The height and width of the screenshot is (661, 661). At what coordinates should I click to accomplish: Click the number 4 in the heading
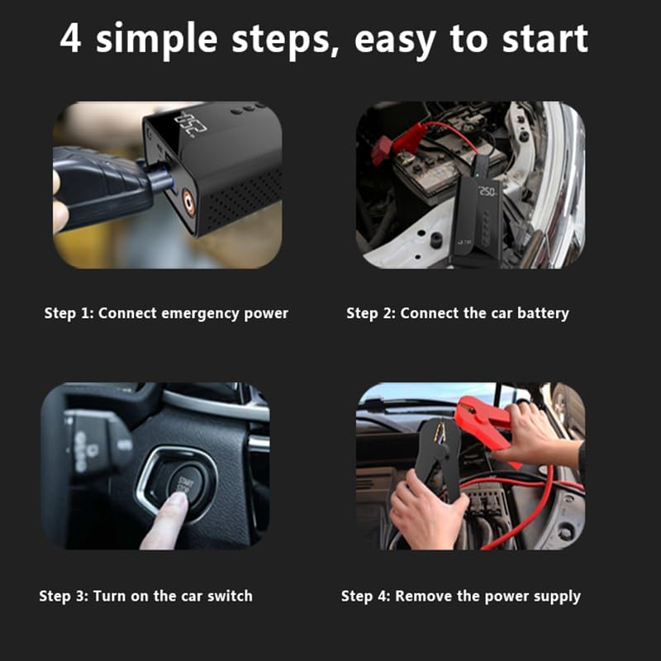71,39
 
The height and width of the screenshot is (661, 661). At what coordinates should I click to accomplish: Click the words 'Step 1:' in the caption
69,313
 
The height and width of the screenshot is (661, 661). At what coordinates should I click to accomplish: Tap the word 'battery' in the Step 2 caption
542,313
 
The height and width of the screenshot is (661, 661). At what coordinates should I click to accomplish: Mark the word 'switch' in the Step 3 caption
230,596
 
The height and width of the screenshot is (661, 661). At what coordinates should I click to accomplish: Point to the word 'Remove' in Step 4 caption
419,596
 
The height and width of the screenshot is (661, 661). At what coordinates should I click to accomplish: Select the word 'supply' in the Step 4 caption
558,596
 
